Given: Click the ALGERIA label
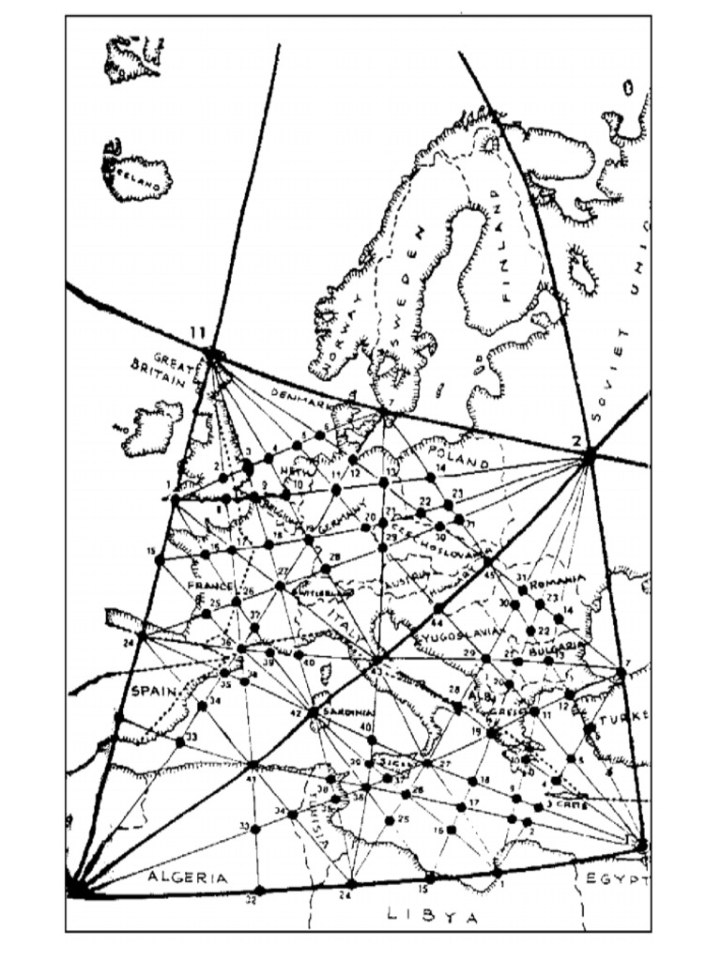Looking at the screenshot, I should click(x=187, y=877).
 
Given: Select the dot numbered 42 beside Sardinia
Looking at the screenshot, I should click(x=313, y=711).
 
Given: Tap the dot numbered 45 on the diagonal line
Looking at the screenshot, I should click(x=488, y=562).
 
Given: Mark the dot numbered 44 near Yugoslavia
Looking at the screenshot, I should click(x=437, y=609).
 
